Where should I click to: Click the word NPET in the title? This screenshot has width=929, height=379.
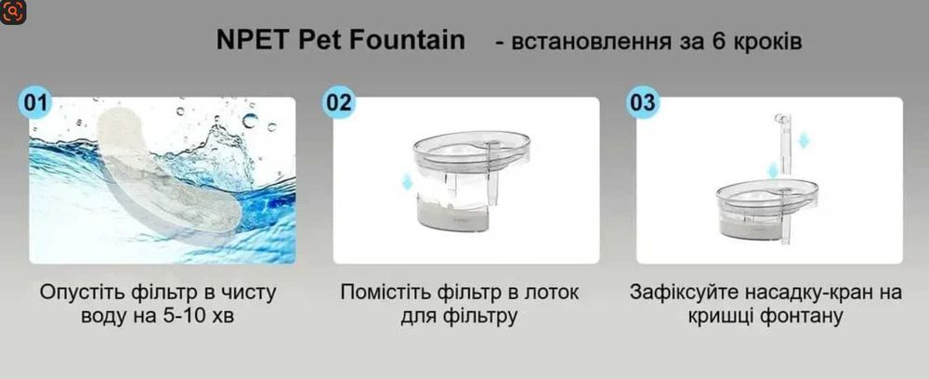248,43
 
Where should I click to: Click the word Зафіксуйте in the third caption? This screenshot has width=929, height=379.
678,293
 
